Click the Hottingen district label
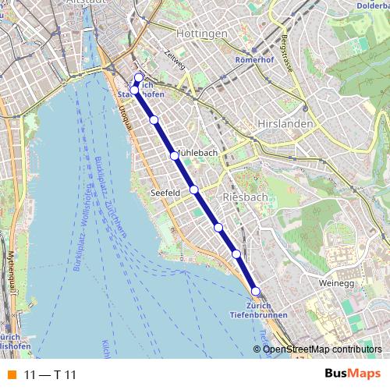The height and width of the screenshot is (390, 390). point(202,34)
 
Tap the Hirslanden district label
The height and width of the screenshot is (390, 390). point(285,124)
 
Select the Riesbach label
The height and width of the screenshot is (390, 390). point(245,197)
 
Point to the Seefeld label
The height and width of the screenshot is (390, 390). point(165,191)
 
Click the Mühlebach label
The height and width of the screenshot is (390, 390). point(197,153)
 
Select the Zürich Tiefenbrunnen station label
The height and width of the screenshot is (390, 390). point(258,310)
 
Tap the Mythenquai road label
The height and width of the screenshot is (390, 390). point(11,269)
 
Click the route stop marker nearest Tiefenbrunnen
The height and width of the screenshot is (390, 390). point(255,291)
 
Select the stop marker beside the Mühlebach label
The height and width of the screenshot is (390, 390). point(175,155)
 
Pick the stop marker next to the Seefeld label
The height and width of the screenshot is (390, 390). point(194,190)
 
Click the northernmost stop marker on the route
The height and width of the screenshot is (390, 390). point(139,77)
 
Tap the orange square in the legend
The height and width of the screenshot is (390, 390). point(11,375)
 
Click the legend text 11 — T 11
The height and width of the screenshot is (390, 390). point(50,375)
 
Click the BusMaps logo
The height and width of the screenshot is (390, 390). point(352,374)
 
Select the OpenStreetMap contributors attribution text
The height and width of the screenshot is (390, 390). point(321,349)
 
